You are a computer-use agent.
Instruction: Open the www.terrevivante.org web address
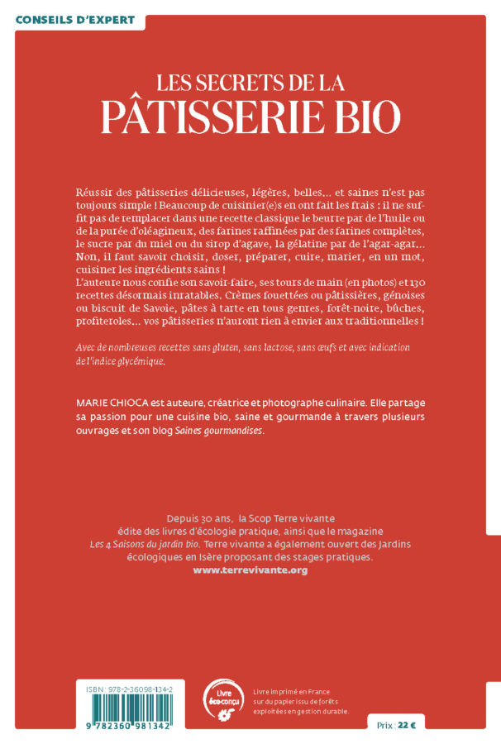250,570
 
